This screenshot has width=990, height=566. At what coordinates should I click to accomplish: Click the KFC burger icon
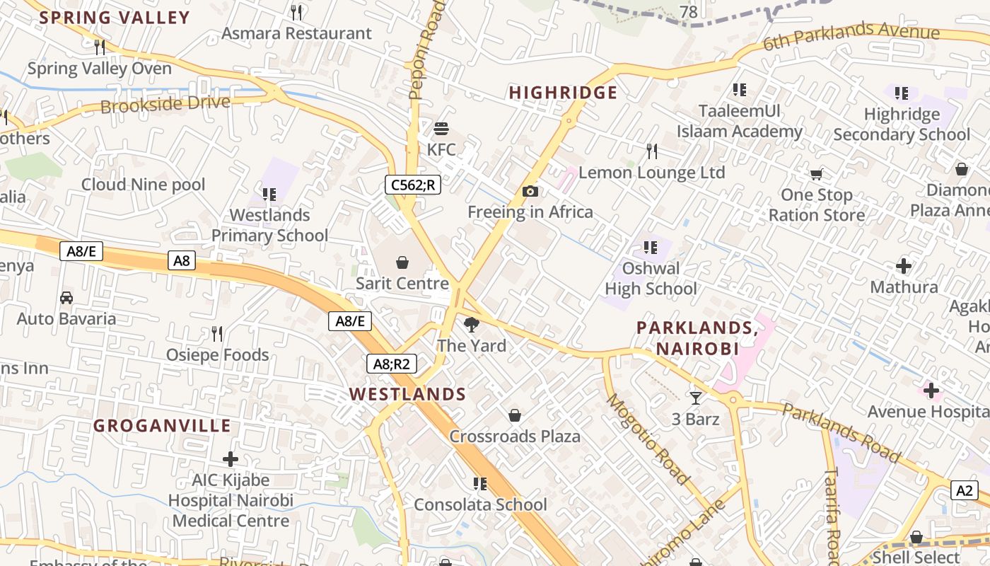441,129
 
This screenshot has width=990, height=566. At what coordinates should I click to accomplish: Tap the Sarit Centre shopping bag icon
402,263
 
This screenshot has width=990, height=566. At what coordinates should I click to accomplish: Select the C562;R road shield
413,185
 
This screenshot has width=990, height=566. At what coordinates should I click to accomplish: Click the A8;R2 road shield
392,364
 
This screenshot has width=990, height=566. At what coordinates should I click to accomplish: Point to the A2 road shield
965,490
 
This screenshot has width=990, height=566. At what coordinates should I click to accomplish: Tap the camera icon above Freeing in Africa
530,191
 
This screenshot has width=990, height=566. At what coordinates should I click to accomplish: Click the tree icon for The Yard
471,325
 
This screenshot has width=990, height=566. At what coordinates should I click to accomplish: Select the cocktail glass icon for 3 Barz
695,398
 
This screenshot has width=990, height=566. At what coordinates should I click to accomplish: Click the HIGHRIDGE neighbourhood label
563,93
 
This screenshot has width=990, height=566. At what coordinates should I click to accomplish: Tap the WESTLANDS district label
407,394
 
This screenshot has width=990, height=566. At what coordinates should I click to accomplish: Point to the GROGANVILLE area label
162,425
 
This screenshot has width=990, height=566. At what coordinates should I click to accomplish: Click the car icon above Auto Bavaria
66,298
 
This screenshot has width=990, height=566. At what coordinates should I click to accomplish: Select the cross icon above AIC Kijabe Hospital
231,459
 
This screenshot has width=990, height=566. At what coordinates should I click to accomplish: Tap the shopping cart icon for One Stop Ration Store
816,174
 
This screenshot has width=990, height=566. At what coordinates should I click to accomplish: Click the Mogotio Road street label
648,439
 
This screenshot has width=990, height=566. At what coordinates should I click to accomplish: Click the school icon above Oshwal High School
651,248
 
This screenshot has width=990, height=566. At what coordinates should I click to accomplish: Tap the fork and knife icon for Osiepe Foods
217,333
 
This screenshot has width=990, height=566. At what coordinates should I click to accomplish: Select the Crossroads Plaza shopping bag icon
515,415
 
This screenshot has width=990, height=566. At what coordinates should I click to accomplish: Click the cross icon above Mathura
904,267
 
